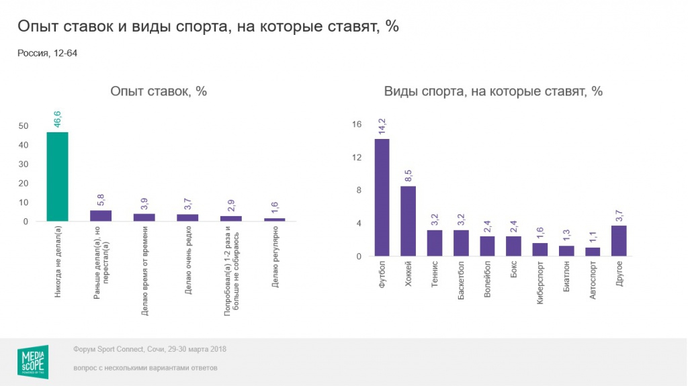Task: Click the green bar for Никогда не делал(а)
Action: click(57, 177)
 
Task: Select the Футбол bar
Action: click(382, 197)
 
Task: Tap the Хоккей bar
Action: click(408, 221)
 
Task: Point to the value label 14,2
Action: click(382, 127)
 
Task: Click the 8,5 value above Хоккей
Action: click(408, 176)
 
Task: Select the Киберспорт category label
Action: click(540, 285)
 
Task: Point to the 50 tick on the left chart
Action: click(24, 126)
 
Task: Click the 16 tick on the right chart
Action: click(356, 124)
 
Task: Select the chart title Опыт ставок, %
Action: click(159, 92)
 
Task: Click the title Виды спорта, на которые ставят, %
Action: click(492, 92)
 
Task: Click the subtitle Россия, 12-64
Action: click(48, 53)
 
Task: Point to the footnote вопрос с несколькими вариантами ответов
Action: click(146, 369)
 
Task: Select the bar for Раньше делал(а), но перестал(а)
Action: click(101, 215)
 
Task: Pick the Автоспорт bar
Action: click(592, 252)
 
